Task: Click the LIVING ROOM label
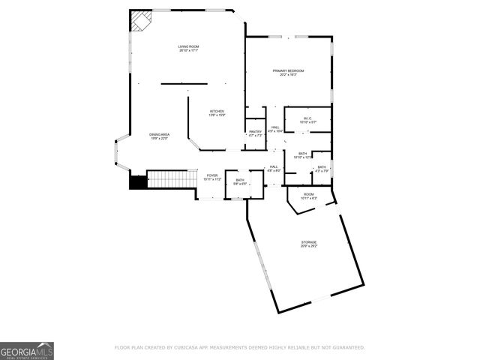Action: pos(188,46)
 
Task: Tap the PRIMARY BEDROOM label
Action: pos(288,70)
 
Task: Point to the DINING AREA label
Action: pos(159,134)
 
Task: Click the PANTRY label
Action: pos(255,132)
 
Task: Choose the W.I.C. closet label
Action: pos(307,118)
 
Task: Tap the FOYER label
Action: pos(212,175)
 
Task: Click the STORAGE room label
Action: pos(309,242)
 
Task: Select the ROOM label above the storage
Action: pos(308,194)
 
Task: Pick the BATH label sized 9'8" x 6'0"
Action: pos(240,180)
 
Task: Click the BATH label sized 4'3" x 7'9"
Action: pos(322,167)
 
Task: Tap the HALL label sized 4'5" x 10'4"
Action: pos(275,127)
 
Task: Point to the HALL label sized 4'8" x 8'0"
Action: pos(274,167)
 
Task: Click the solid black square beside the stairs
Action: pos(137,181)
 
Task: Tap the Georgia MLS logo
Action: pos(27,350)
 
